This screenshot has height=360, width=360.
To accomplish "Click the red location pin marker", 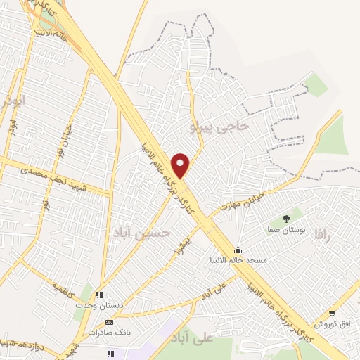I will coord(181,165).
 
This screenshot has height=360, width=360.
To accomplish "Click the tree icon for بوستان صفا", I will coord(285,219).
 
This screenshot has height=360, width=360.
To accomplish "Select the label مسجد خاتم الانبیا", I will coord(242,260).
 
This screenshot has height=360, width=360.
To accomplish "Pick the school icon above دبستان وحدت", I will coord(99,295).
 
